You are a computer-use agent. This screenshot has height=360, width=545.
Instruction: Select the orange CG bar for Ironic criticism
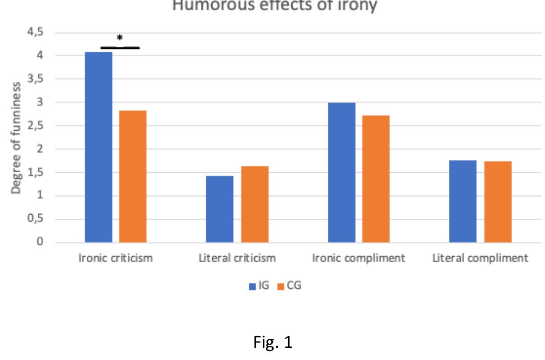(x=133, y=176)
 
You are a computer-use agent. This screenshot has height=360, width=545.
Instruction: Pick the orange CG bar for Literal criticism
(x=254, y=204)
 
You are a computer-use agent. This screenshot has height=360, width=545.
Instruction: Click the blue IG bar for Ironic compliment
(x=342, y=172)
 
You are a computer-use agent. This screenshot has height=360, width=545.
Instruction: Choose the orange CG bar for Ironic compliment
(x=376, y=179)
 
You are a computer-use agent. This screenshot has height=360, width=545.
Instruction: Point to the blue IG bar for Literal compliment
(x=463, y=201)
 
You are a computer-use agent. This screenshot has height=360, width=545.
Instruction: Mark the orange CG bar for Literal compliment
(x=498, y=202)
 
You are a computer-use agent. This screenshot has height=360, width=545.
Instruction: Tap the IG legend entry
(x=260, y=285)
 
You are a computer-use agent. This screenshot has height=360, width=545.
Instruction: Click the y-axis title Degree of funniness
(x=16, y=138)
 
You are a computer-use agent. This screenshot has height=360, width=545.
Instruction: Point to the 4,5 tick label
(x=34, y=32)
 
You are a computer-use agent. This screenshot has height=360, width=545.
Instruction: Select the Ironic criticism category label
(x=116, y=258)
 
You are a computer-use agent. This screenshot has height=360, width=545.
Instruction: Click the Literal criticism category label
(x=237, y=258)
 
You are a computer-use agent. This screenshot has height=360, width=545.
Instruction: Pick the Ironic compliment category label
(x=359, y=258)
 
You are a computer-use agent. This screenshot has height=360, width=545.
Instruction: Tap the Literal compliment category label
(x=480, y=258)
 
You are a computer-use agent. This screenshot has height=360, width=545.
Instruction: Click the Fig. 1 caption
(x=272, y=342)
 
